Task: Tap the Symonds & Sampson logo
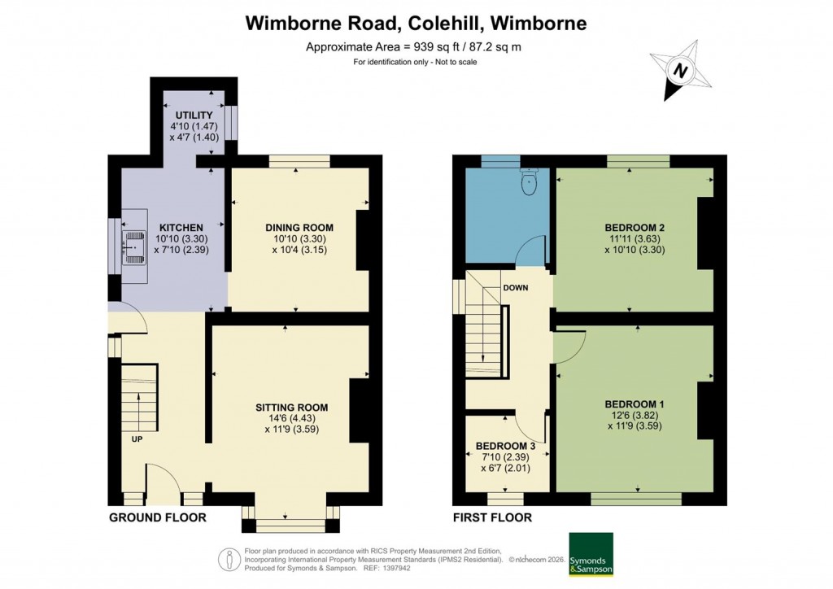591,554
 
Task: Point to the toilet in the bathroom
530,181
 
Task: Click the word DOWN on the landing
516,288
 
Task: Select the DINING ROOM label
300,227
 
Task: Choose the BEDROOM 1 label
635,404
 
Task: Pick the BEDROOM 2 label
635,227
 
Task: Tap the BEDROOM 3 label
505,446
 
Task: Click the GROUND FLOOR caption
157,517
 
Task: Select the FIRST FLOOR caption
493,517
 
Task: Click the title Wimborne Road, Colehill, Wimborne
416,23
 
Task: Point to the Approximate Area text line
413,47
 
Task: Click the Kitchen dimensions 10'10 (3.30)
181,239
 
